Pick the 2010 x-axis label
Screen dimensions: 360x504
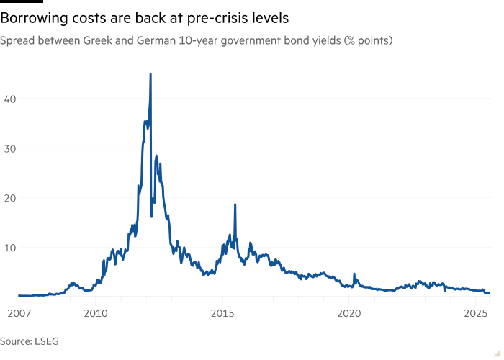pos(96,313)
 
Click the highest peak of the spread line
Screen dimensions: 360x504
pos(150,73)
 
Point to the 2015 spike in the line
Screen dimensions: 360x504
pos(235,204)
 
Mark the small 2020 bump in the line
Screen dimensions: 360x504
pos(354,274)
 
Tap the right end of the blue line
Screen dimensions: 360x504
pos(490,292)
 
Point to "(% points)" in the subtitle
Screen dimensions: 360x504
pos(367,41)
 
